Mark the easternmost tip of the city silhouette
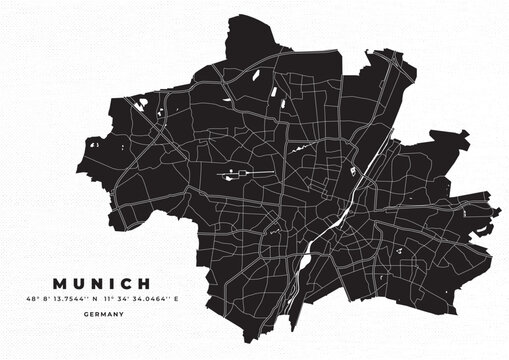498,211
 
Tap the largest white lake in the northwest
142,102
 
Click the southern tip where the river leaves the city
289,301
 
